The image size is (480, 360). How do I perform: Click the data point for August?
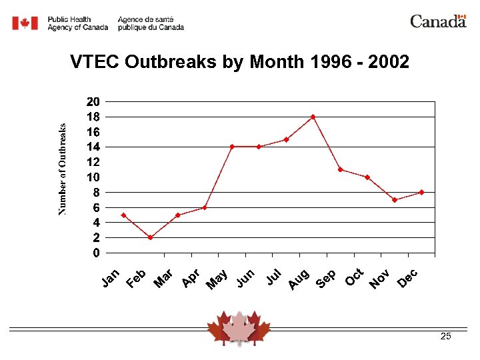click(x=313, y=117)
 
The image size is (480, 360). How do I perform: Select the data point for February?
click(x=150, y=237)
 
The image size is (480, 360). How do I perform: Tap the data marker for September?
click(x=340, y=169)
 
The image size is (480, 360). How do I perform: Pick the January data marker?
click(x=123, y=215)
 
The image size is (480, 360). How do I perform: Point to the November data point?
click(x=395, y=200)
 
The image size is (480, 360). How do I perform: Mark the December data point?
click(x=422, y=192)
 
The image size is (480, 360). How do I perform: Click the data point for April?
click(x=205, y=207)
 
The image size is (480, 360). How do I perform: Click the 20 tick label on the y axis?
click(x=93, y=102)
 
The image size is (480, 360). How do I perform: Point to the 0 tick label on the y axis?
click(x=97, y=253)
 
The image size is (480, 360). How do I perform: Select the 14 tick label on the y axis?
click(x=93, y=147)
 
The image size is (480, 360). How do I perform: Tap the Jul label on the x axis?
click(x=273, y=277)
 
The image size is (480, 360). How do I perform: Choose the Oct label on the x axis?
click(x=353, y=277)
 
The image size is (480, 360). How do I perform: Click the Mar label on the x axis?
click(x=163, y=279)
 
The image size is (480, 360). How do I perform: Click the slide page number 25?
click(x=446, y=337)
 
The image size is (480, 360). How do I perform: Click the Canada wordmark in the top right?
click(x=437, y=21)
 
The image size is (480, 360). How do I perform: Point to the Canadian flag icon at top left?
click(x=25, y=23)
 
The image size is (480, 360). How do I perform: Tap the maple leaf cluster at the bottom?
click(x=239, y=327)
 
